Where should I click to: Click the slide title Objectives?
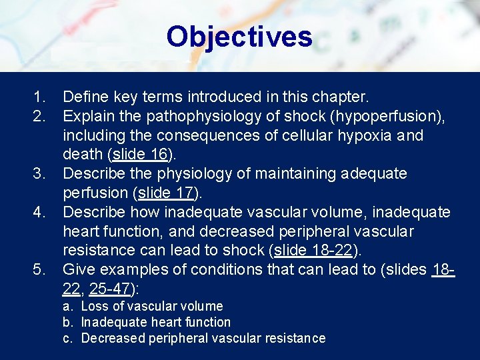point(239,37)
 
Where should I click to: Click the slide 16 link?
point(141,155)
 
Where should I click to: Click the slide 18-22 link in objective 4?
point(314,251)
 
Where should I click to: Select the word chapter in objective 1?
point(340,97)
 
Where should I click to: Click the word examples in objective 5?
point(143,270)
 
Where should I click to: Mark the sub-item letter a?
point(67,307)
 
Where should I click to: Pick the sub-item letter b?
point(67,322)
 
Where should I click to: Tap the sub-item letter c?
point(67,338)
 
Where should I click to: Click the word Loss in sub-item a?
point(95,307)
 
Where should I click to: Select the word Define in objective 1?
point(85,97)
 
